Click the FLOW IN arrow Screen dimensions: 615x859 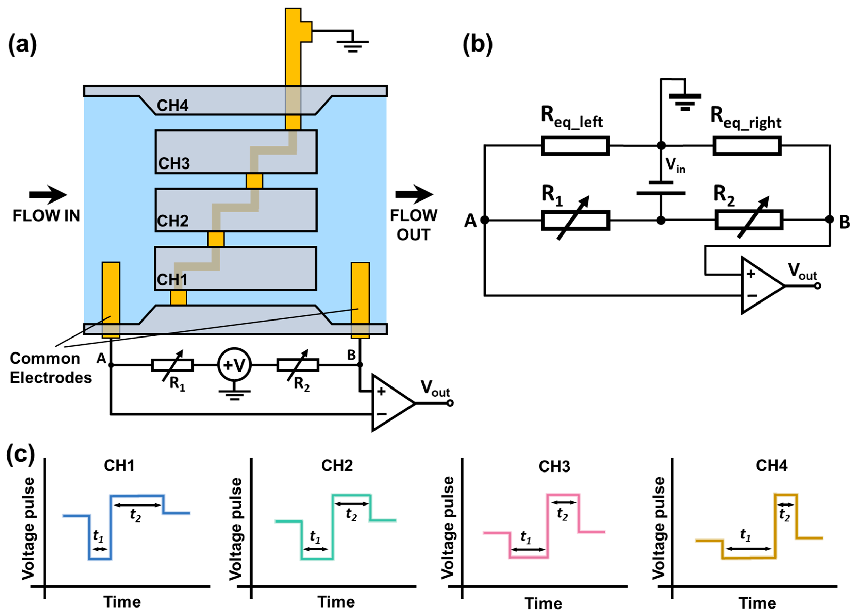(48, 195)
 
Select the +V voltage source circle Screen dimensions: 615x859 (235, 365)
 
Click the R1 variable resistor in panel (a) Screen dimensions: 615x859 (172, 365)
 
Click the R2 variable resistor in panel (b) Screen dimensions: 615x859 (749, 220)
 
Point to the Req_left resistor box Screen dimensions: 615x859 (575, 145)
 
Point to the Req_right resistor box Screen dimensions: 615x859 (747, 145)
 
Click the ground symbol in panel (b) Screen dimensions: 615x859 (685, 102)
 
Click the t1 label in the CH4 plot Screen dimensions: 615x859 (745, 535)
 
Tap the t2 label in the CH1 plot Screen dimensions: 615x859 (136, 515)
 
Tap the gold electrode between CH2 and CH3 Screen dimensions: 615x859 (254, 181)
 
